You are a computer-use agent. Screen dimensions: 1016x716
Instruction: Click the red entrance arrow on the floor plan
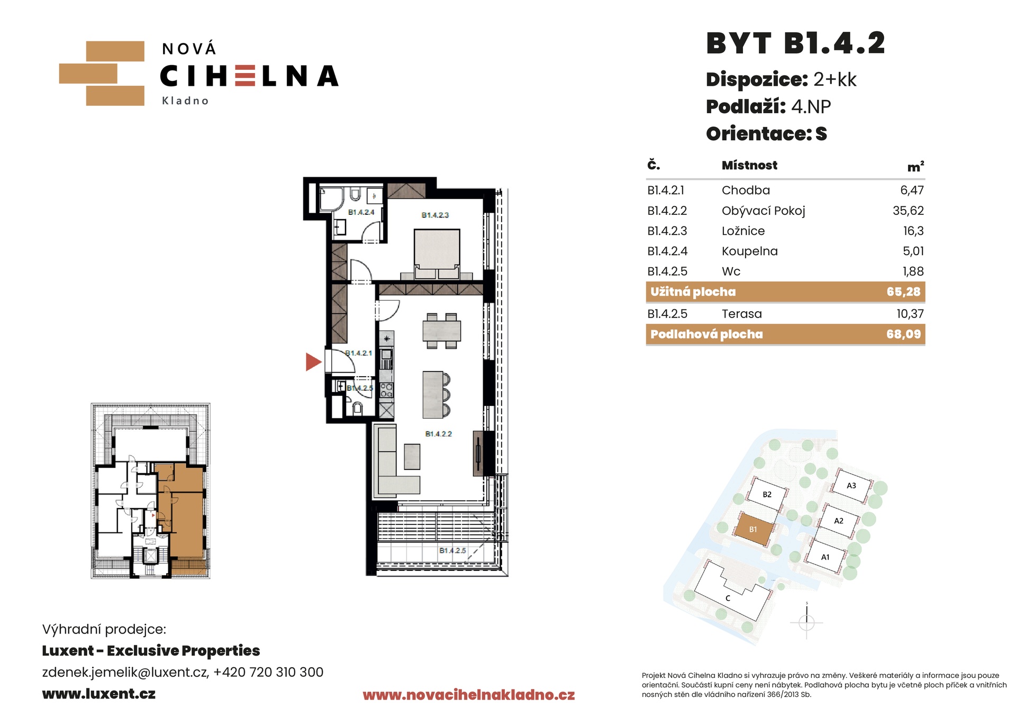coord(313,362)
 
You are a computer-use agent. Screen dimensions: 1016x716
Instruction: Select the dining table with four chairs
coord(442,331)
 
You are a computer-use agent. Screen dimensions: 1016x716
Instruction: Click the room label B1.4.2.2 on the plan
coord(439,434)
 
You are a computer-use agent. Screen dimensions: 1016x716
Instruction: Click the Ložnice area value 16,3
coord(913,231)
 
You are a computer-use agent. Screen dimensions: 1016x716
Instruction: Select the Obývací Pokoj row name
coord(763,211)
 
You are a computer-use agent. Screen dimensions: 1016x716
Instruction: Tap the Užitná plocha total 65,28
coord(904,292)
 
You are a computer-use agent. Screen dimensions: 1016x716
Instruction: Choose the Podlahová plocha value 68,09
coord(904,334)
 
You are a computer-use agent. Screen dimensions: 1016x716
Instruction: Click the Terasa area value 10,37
coord(910,314)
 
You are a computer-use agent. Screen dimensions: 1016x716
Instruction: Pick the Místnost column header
coord(749,165)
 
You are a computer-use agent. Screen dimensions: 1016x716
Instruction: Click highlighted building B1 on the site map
coord(753,529)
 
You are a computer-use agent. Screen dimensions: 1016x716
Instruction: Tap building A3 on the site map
coord(851,485)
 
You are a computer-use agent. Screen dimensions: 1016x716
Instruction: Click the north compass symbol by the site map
coord(806,622)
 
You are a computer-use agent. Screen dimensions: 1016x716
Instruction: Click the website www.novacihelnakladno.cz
coord(468,695)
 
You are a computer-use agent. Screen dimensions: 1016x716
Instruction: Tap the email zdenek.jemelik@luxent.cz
coord(125,672)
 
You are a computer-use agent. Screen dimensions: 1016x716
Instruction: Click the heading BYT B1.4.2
coord(795,43)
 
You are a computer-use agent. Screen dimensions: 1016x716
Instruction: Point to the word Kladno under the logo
coord(185,101)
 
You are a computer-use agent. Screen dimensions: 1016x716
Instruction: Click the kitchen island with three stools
coord(436,394)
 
